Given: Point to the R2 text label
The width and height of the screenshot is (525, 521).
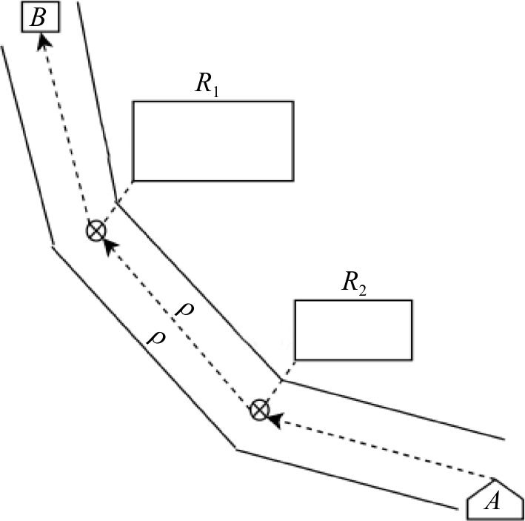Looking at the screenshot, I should pos(351,285).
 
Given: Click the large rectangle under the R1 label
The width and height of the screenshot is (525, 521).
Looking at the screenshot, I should pos(213,141).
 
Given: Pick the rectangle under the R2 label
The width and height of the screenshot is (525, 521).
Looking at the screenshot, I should pos(352,330).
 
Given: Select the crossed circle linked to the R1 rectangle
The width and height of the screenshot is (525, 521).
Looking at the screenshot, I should pos(96,231).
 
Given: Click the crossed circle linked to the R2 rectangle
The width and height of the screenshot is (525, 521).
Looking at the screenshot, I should pos(258,408).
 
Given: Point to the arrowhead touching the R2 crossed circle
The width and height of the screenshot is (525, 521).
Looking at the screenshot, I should pos(274,420).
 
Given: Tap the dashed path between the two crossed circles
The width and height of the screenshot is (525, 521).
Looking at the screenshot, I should pos(178,320).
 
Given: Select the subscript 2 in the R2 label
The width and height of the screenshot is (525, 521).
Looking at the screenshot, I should pos(362,288).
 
